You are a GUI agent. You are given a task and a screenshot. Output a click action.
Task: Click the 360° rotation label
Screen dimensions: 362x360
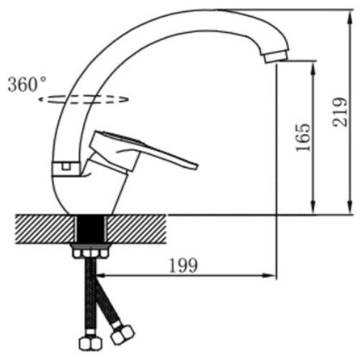tap(27, 84)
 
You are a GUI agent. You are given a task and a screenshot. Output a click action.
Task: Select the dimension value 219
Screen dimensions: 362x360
tap(340, 112)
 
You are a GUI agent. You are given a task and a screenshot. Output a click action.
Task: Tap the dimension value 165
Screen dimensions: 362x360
tap(303, 138)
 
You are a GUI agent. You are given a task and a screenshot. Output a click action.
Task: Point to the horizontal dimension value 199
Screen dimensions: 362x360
tap(184, 265)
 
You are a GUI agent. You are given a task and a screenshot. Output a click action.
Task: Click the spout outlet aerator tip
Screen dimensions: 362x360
tap(276, 57)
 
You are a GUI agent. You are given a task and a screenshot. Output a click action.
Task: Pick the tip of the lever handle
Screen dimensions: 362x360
tap(196, 166)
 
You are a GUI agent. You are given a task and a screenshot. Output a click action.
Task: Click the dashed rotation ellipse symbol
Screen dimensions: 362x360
tap(84, 100)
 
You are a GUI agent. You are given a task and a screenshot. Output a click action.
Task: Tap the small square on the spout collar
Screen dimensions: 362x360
tap(66, 166)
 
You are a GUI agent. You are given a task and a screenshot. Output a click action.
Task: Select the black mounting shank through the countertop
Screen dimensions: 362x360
tap(90, 229)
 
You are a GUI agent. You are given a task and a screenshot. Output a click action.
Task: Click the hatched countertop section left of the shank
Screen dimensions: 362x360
tap(44, 229)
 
